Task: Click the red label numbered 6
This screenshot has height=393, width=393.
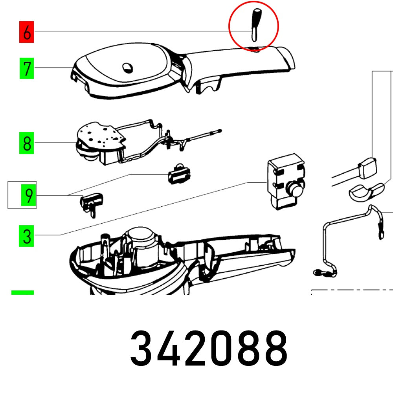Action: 27,32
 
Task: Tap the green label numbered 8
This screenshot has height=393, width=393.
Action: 27,143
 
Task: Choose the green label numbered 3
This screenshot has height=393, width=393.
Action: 27,237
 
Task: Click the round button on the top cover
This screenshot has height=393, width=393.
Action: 128,68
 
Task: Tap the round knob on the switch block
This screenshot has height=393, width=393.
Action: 296,189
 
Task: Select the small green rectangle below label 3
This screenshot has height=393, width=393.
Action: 23,292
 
